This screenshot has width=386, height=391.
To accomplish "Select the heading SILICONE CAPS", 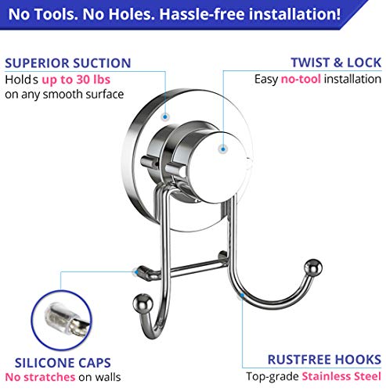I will (x=56, y=363).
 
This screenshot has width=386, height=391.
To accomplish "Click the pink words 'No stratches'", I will (x=38, y=378).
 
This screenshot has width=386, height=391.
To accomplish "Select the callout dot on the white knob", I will (x=222, y=147).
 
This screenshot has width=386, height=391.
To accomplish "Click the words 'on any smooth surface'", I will (x=65, y=95).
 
